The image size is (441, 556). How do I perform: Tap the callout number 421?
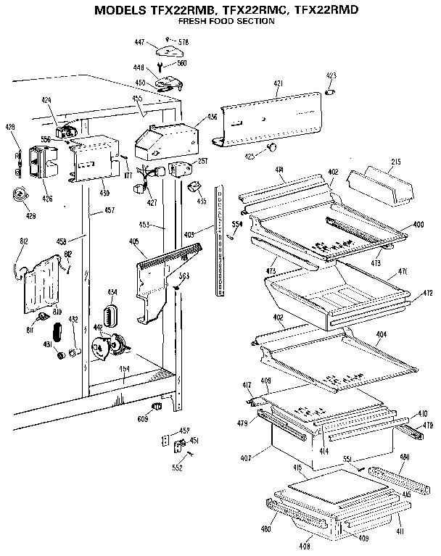[x=277, y=85]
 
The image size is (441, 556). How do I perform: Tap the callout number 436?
[x=213, y=116]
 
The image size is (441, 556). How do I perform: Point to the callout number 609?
[x=142, y=418]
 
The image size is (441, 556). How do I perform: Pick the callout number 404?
[x=382, y=336]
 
